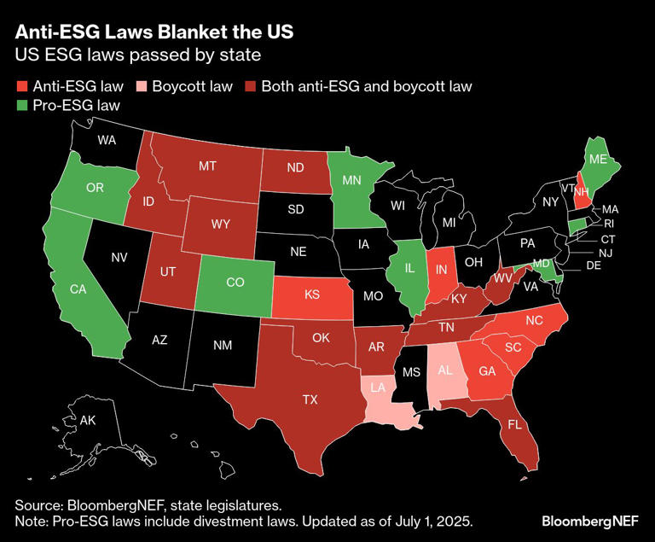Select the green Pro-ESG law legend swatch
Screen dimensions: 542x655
[x=21, y=107]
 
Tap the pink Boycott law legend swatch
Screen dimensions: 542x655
[x=142, y=86]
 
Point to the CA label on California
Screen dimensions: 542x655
[x=78, y=289]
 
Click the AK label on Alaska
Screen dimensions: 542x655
[x=87, y=421]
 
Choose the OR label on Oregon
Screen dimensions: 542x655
[x=95, y=187]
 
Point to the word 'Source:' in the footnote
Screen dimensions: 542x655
[x=40, y=505]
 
